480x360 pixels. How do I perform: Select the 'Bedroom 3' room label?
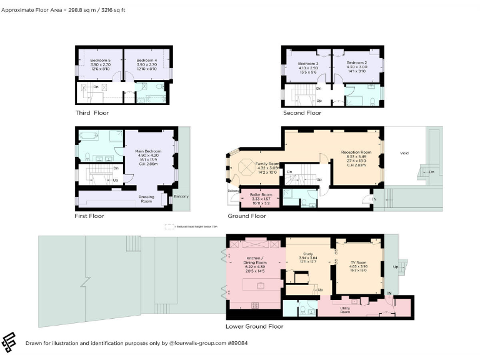[x=308, y=63]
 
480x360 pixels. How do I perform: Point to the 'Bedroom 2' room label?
[x=356, y=63]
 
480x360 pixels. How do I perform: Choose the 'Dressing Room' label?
[x=146, y=199]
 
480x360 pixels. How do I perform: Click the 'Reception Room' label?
[x=356, y=152]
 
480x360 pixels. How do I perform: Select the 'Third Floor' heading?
[x=92, y=113]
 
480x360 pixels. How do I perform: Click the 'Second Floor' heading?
[x=302, y=113]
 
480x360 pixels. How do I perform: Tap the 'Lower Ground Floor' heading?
[x=254, y=326]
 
